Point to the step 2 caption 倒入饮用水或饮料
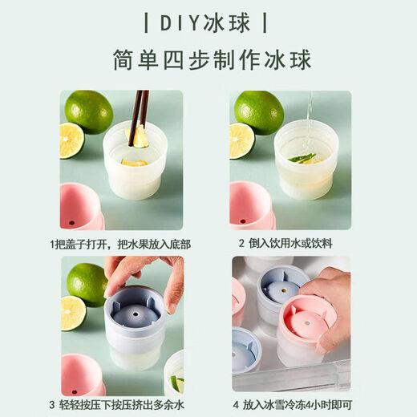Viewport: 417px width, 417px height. (290, 243)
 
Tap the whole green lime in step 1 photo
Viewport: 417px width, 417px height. (88, 111)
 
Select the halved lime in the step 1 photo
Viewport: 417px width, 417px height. (71, 141)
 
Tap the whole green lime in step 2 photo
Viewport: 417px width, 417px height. (259, 111)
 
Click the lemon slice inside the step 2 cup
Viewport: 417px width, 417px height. (306, 158)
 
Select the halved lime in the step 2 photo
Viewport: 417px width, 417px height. (241, 141)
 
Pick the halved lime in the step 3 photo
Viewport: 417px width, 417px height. (72, 313)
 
